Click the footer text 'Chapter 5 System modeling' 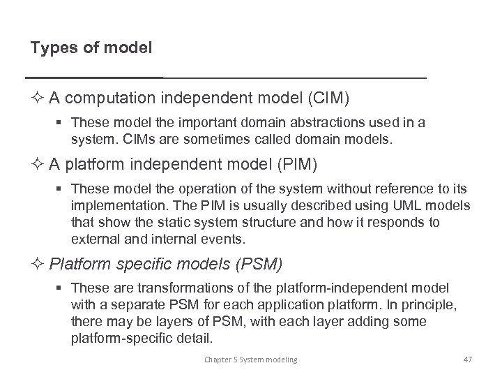point(250,360)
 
